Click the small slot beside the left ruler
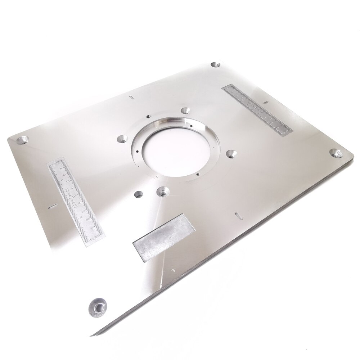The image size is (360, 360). point(52,207)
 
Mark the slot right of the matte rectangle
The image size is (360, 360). point(238,215)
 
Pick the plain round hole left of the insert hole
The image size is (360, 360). point(138,195)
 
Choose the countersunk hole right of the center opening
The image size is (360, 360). point(231,154)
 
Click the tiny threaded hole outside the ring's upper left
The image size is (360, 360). point(147,116)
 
